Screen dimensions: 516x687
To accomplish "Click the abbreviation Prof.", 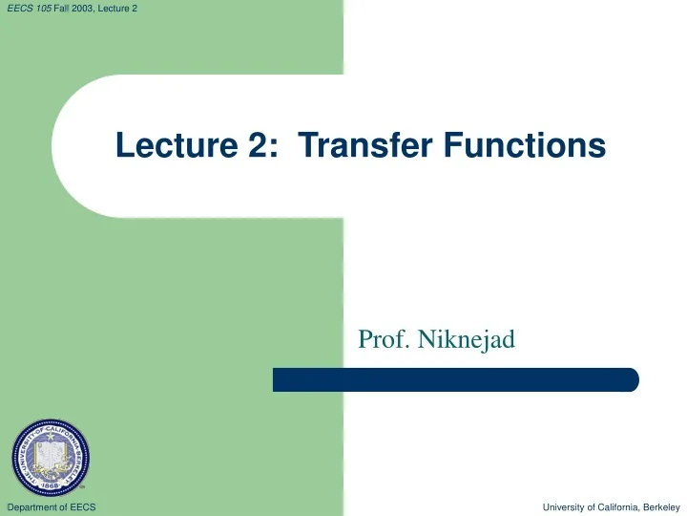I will coord(379,338).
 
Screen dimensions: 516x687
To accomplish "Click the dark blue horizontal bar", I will coord(455,379).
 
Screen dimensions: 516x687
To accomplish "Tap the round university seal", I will coord(52,457).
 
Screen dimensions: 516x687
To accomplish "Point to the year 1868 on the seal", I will coord(52,485).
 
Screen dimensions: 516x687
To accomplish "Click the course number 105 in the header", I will coord(43,9).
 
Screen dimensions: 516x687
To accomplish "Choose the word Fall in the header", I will coord(63,9).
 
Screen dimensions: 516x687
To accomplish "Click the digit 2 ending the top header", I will coord(148,9).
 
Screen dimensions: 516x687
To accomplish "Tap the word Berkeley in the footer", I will coord(662,506).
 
